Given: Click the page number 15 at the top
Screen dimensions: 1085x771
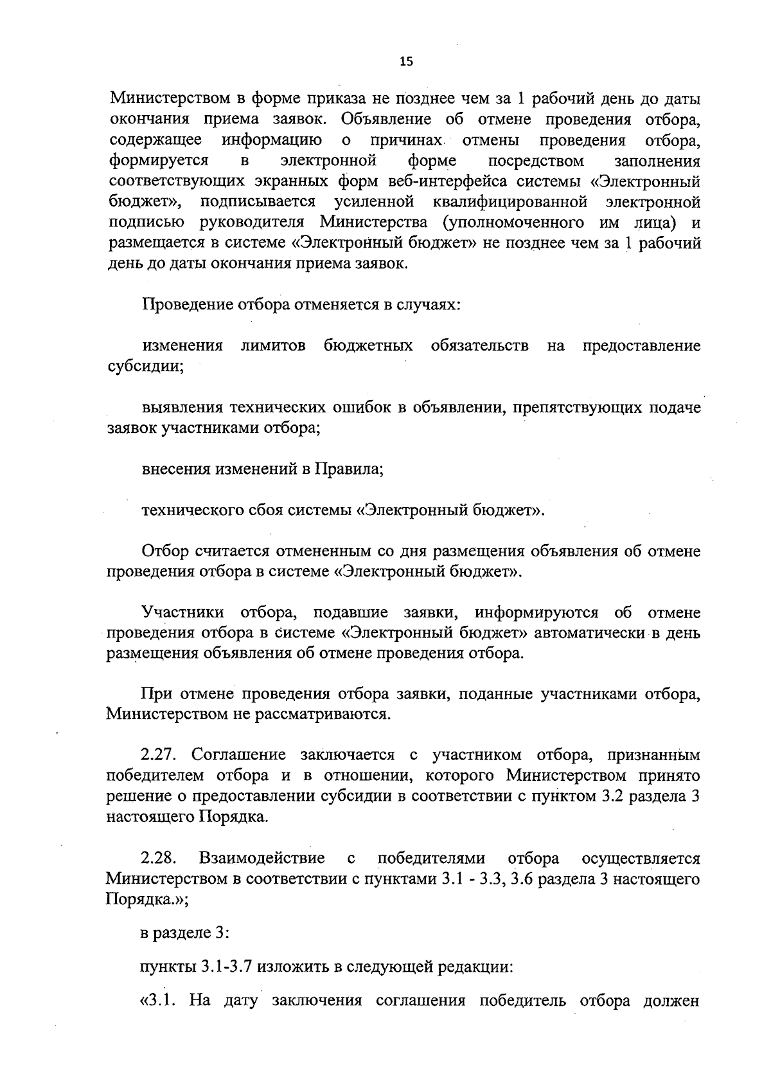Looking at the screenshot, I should (406, 62).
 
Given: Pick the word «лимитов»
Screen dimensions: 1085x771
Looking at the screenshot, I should (273, 347).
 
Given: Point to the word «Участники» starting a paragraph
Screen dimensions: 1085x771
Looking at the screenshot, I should (183, 612).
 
